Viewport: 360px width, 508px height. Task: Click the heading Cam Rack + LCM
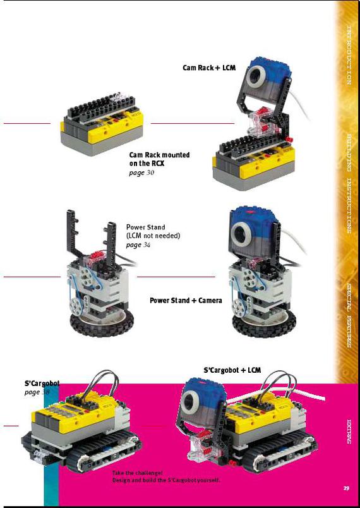point(209,68)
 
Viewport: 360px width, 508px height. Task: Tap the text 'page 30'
point(141,172)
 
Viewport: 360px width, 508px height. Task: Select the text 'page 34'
point(134,245)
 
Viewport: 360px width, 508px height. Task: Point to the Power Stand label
point(145,227)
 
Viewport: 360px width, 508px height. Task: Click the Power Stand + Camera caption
point(186,300)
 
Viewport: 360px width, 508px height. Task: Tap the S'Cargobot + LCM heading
point(232,370)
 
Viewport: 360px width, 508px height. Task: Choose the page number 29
point(346,487)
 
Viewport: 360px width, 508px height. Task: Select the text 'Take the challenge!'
point(137,473)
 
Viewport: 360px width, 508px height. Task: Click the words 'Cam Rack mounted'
point(159,155)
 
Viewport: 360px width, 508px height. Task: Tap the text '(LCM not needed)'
point(153,236)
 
